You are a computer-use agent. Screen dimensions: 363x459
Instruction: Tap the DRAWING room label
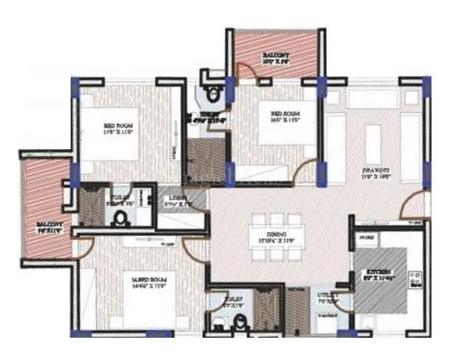[x=375, y=171]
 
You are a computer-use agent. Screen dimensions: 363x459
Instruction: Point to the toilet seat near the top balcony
[x=213, y=94]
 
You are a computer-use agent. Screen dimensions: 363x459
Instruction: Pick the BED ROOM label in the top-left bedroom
[x=118, y=128]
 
